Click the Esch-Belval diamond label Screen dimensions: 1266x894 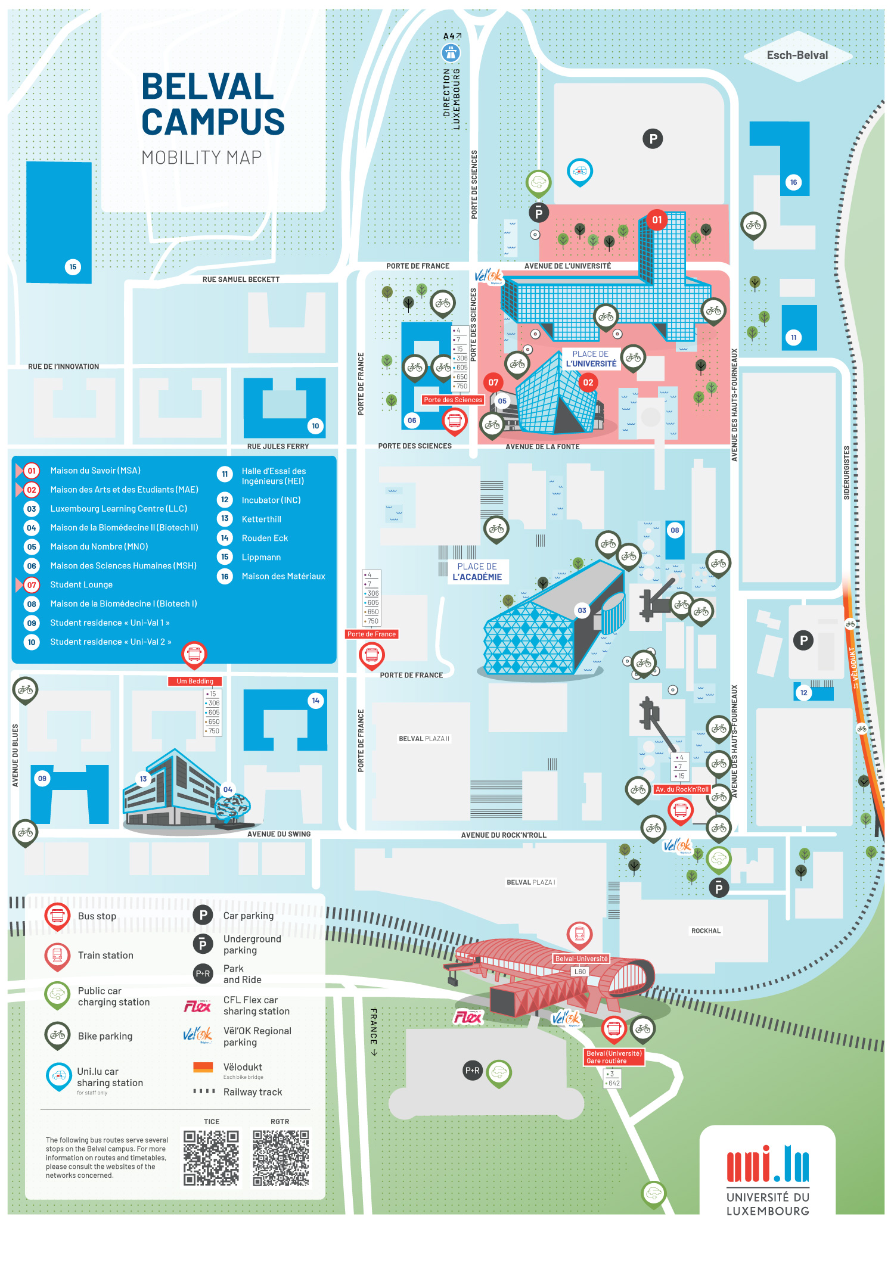(x=797, y=55)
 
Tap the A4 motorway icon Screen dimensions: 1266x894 (x=451, y=54)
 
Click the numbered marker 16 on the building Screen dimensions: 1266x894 (x=793, y=182)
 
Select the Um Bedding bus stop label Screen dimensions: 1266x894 (x=194, y=681)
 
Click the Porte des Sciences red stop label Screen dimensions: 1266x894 (x=453, y=400)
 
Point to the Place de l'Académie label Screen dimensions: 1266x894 (x=477, y=572)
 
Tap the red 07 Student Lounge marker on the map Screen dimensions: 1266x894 (x=493, y=382)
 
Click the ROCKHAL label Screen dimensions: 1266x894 (x=706, y=931)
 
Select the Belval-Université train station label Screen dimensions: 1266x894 (x=581, y=959)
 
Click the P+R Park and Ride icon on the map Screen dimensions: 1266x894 (x=473, y=1070)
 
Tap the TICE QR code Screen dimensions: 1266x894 (x=211, y=1158)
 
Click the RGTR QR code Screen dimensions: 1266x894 (x=280, y=1158)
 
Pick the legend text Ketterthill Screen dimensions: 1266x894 (x=261, y=519)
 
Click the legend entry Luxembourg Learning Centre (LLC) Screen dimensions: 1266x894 (x=119, y=509)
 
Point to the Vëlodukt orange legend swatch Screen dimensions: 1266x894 (x=203, y=1067)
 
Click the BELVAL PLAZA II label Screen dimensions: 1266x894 (x=424, y=739)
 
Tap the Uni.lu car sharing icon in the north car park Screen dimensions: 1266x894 (x=579, y=172)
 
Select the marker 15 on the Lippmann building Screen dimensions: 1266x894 (x=73, y=267)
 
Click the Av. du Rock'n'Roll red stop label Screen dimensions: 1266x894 (x=682, y=789)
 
